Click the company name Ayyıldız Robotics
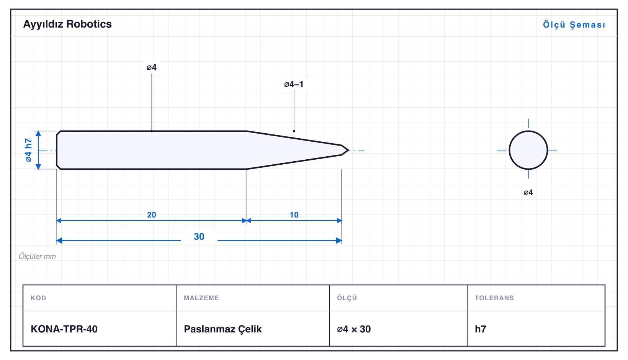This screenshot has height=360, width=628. coord(67,25)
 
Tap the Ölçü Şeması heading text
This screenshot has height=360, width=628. coord(574,25)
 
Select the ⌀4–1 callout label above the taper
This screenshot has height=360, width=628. coord(294,84)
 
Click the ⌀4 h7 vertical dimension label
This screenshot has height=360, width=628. coord(28,150)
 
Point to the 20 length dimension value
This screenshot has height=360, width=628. coord(151,215)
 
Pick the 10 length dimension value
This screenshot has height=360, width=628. coord(294,215)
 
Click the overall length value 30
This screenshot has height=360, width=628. coord(199,237)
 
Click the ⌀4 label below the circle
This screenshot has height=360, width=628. coord(528,192)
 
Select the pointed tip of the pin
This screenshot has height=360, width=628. coord(348,150)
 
